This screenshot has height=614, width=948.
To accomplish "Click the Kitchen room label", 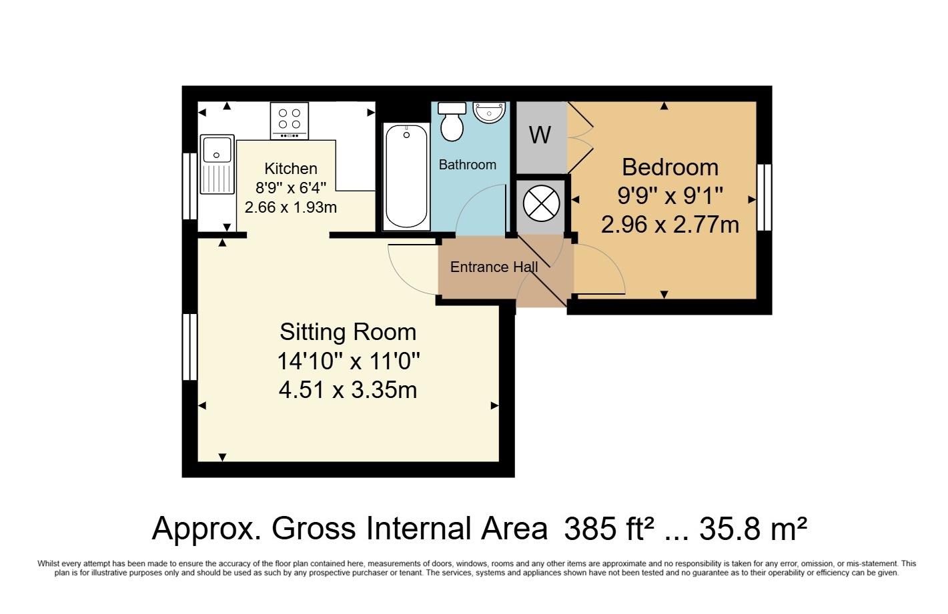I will point(290,169).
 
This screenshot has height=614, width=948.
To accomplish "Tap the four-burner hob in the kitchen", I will point(290,121).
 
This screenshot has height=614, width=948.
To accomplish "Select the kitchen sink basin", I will point(217,149).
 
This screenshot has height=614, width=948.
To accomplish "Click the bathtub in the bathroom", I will point(406,177).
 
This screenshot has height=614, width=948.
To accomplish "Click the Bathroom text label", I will point(467,165).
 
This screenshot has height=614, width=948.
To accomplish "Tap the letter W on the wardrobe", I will point(540,135).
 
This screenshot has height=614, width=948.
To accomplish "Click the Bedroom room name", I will point(670,167).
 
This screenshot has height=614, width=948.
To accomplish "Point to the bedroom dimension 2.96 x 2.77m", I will point(670,225).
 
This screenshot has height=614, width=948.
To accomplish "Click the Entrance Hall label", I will point(494,267).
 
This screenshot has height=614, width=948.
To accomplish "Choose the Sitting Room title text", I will point(348,332).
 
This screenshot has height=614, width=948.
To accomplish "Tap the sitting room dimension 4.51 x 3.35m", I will point(348,389).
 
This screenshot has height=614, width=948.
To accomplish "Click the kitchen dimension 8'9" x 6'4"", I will point(290,188).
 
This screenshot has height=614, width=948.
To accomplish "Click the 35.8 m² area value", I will point(753,529).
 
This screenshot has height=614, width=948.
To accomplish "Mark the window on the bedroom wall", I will point(764,198).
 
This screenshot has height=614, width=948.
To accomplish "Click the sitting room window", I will point(190,347).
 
